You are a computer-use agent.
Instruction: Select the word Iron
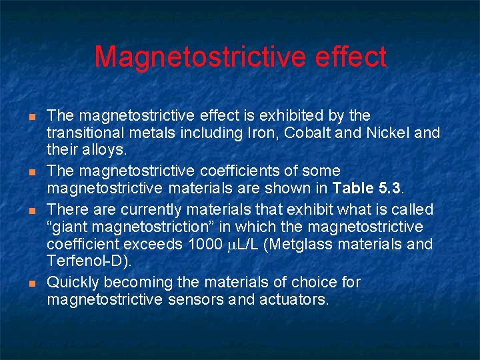point(266,133)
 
